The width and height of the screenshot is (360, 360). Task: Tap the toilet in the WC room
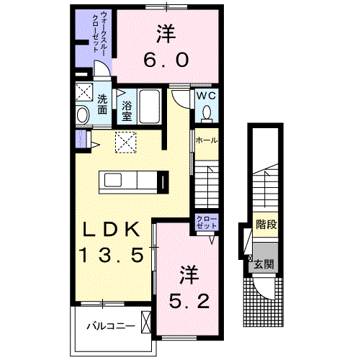click(x=207, y=113)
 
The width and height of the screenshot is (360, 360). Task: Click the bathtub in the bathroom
click(x=150, y=107)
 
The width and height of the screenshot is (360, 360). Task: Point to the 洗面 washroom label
click(x=103, y=104)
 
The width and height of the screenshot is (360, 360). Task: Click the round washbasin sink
click(x=81, y=114)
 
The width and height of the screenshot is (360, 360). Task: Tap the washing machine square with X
click(x=84, y=92)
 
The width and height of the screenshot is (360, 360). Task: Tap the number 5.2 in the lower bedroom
click(x=190, y=300)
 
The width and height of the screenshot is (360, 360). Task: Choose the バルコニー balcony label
click(x=111, y=325)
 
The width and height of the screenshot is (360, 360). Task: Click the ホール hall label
click(x=206, y=140)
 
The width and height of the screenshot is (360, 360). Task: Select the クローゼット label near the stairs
click(x=206, y=222)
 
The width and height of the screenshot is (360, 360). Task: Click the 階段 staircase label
click(x=266, y=224)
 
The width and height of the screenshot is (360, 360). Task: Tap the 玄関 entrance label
click(x=264, y=264)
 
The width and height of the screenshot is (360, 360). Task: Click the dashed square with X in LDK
click(x=127, y=143)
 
